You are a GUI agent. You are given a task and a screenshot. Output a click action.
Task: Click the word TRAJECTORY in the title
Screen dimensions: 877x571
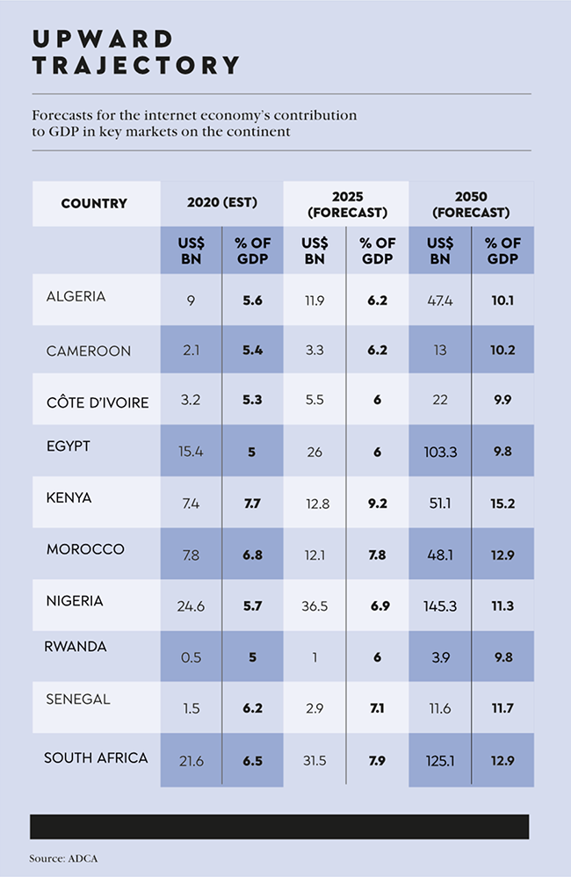tap(135, 65)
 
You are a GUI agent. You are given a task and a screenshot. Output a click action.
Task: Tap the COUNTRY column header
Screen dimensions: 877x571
tap(94, 204)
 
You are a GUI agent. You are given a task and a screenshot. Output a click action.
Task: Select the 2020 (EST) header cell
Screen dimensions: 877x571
tap(221, 203)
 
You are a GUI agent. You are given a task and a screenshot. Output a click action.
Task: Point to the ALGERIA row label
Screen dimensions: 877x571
tap(76, 296)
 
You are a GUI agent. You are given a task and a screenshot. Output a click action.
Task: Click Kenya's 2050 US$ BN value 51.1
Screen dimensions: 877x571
tap(439, 503)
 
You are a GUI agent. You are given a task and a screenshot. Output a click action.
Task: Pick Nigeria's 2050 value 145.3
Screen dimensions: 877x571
tap(439, 606)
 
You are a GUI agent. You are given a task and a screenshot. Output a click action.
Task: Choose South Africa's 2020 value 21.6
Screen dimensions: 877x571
tap(191, 761)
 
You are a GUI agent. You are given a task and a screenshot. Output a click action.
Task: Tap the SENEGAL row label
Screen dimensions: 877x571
tap(78, 699)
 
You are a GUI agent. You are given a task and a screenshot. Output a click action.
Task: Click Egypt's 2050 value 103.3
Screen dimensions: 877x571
tap(439, 452)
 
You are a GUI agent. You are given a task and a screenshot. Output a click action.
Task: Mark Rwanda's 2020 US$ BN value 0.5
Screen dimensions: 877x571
tap(191, 657)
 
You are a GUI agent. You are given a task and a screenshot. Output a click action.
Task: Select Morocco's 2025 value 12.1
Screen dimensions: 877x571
tap(314, 554)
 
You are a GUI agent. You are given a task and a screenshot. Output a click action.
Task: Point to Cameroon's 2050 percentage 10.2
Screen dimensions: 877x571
tap(502, 350)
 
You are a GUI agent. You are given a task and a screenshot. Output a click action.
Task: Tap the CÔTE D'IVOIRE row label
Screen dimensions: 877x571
tap(98, 403)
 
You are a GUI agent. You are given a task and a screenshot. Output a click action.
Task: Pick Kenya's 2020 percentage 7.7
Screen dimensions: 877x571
tap(253, 503)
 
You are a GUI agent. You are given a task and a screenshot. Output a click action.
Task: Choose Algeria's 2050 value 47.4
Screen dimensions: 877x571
tap(439, 301)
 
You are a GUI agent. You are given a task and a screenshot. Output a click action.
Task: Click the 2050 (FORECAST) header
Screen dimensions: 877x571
tap(471, 204)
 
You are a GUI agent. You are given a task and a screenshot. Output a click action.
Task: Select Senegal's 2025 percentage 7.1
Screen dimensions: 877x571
tap(377, 708)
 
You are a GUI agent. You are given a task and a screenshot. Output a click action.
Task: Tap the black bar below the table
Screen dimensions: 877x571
tap(279, 826)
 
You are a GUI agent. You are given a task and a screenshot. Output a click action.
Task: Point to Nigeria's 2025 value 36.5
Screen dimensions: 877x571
tap(314, 606)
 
